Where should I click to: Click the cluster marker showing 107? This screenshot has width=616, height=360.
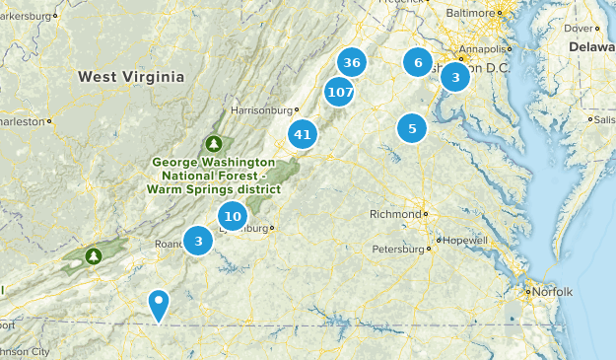[339, 93]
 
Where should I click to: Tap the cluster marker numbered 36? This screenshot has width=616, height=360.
[352, 63]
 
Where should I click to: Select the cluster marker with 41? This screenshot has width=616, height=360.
[303, 135]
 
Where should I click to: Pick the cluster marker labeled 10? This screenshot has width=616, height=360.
[233, 216]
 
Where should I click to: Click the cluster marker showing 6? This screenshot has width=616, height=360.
[418, 63]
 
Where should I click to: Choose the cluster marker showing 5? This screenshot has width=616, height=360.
[412, 128]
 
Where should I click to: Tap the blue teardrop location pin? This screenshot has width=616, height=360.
[158, 304]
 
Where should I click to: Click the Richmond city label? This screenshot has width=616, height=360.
[393, 214]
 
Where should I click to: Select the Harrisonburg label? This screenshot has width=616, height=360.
[261, 110]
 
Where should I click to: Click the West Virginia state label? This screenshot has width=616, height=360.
[131, 77]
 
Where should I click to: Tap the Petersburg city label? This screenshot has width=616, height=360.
[394, 250]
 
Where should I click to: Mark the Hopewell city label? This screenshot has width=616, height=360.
[465, 240]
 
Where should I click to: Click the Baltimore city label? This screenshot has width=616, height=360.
[469, 13]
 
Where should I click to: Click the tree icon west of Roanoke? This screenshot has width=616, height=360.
[94, 256]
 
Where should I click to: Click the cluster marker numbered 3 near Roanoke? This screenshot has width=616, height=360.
[199, 240]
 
